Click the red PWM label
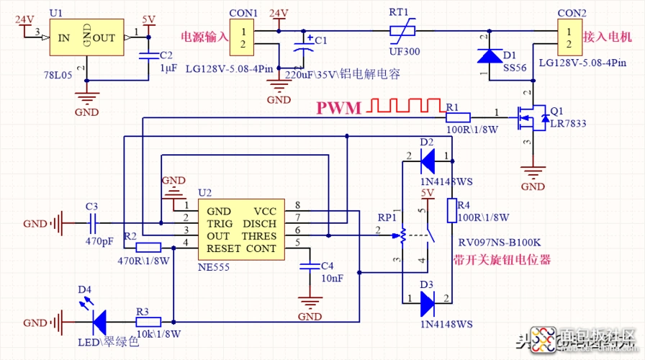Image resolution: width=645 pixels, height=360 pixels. (340, 109)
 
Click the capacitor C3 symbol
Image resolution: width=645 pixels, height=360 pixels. (92, 224)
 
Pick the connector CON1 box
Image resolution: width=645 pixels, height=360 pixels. (243, 38)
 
